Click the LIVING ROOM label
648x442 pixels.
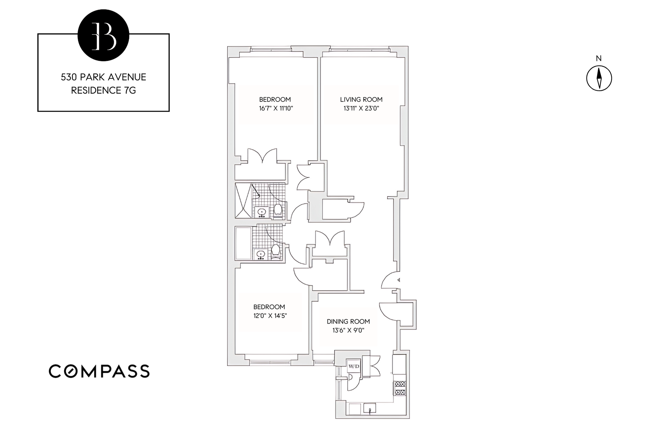[x=361, y=100]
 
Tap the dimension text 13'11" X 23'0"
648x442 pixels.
[x=361, y=108]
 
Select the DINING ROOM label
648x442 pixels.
[x=348, y=321]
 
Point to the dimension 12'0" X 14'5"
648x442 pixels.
[x=270, y=316]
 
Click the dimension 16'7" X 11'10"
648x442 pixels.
[x=276, y=108]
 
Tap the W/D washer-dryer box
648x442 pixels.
[x=353, y=366]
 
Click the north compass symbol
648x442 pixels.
[x=599, y=78]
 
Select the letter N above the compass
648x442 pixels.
[x=598, y=59]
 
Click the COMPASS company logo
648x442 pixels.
[x=99, y=371]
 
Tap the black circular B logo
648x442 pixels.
[x=103, y=35]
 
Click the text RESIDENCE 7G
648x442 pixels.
[x=103, y=90]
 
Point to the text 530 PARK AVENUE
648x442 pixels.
[x=103, y=77]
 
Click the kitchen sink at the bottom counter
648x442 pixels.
[x=369, y=408]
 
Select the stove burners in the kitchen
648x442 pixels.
[x=400, y=388]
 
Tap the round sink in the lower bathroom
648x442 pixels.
[x=261, y=255]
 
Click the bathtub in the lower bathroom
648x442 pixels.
[x=243, y=243]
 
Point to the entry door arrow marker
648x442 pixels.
[x=399, y=280]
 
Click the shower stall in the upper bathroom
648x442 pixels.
[x=243, y=200]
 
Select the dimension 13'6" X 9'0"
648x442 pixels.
[x=348, y=330]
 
